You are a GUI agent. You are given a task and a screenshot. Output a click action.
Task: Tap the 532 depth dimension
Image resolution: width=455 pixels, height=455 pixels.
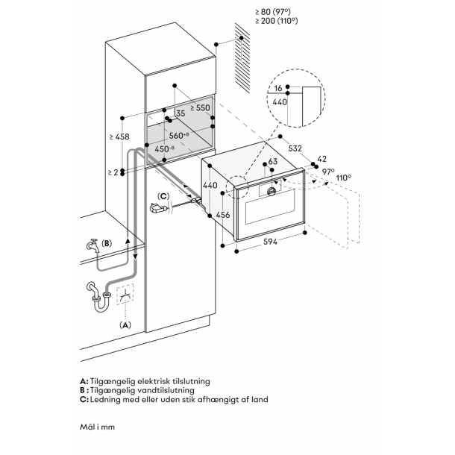tap(295, 148)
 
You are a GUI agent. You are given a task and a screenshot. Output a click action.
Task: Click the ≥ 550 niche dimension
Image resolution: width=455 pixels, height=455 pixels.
tap(200, 108)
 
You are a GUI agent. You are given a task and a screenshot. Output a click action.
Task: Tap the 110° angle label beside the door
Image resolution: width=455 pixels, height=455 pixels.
tap(342, 178)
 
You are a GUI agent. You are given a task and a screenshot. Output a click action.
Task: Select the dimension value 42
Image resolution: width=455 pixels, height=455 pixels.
tap(321, 159)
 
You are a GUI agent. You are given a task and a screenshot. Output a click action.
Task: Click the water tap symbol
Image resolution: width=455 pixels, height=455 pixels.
tap(92, 245)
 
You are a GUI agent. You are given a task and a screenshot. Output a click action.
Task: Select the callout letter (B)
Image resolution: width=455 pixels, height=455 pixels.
tap(107, 243)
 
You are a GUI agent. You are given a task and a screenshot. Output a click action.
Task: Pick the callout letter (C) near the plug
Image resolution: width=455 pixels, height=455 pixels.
tap(164, 196)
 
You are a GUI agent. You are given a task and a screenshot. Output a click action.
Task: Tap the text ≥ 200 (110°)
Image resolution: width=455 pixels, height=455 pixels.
tap(276, 22)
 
